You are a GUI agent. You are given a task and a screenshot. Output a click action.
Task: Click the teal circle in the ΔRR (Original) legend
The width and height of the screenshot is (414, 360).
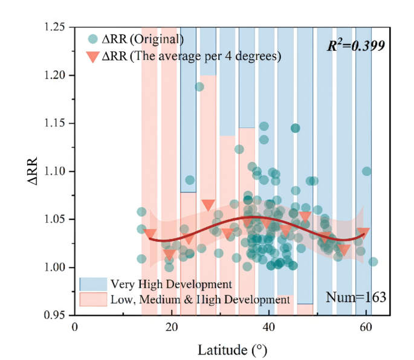coord(92,40)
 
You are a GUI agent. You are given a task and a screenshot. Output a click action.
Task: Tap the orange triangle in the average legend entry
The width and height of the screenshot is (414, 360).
coord(92,57)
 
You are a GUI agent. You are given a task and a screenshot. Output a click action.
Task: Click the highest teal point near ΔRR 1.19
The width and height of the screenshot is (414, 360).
coord(199,86)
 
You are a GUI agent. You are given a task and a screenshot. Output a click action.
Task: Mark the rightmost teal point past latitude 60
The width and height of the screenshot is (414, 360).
coord(373,262)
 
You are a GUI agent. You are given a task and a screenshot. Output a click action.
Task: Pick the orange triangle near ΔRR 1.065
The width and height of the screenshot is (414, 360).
coord(208,205)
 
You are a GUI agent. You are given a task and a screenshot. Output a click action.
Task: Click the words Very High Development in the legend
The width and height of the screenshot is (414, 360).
coord(171,284)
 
